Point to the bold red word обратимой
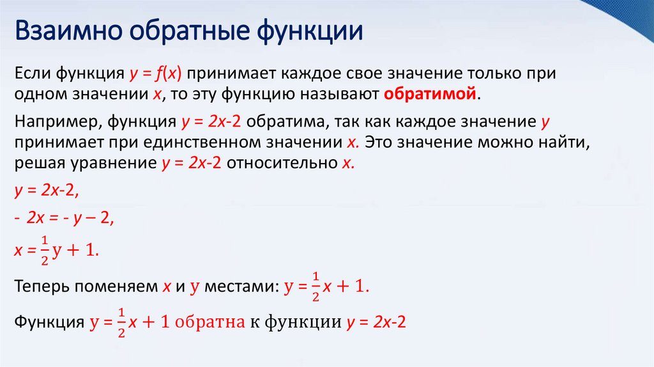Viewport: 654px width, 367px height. (431, 94)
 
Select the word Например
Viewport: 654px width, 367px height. (54, 121)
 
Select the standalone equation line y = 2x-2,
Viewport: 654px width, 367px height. (46, 191)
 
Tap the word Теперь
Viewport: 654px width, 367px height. (41, 287)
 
